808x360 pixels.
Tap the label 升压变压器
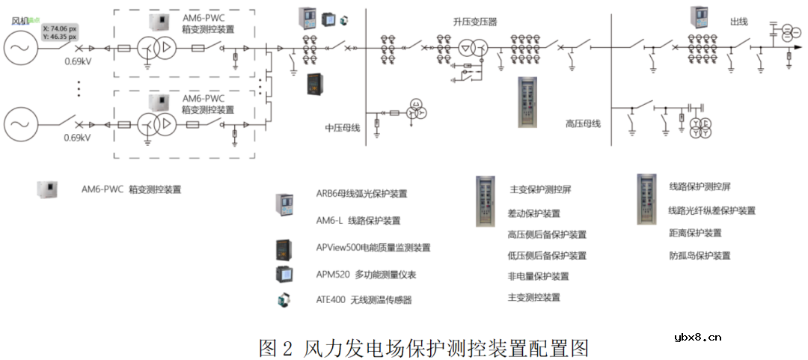coord(474,22)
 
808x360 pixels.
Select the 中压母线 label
coord(343,128)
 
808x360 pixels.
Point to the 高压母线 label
coord(583,123)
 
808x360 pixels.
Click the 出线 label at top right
coord(738,22)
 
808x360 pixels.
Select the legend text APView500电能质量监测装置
coord(373,247)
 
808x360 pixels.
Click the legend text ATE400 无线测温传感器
coord(364,300)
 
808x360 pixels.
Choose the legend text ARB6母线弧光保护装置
coord(361,194)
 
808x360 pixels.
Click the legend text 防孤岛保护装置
coord(700,255)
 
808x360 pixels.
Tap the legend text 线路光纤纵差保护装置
coord(712,211)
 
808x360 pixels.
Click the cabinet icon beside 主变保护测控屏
coord(485,200)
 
